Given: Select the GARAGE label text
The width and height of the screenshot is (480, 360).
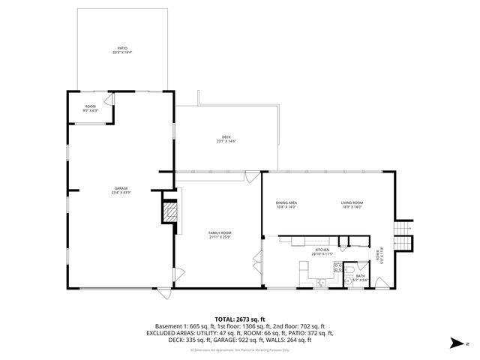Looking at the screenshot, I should (x=121, y=190).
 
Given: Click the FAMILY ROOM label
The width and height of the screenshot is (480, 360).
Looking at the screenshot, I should (x=220, y=235).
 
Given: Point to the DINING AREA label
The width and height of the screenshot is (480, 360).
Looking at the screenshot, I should (x=286, y=204).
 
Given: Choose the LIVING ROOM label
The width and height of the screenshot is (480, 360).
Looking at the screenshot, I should (x=352, y=204).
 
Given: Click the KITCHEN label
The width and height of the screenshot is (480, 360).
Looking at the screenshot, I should (x=322, y=251).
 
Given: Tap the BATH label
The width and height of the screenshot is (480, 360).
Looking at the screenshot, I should (x=361, y=277).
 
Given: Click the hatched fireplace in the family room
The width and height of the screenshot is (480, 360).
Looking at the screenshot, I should (x=171, y=213).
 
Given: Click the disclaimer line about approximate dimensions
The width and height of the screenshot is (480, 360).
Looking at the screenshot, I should (x=239, y=350).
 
